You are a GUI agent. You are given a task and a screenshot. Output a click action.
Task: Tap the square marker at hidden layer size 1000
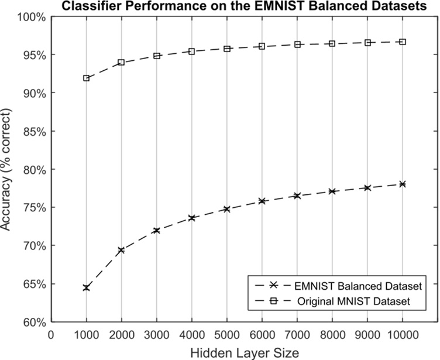87,78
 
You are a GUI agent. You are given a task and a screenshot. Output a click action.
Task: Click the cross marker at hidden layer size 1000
87,288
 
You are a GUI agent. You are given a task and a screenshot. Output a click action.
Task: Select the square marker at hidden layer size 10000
403,42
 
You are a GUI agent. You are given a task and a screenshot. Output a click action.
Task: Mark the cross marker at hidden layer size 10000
403,184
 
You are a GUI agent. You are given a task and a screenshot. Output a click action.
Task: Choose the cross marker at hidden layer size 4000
192,218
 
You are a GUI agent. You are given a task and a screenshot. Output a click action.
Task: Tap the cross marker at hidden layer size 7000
297,196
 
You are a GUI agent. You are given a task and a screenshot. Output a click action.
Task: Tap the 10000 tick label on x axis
403,334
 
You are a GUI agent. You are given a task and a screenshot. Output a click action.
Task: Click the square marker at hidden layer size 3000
157,56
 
